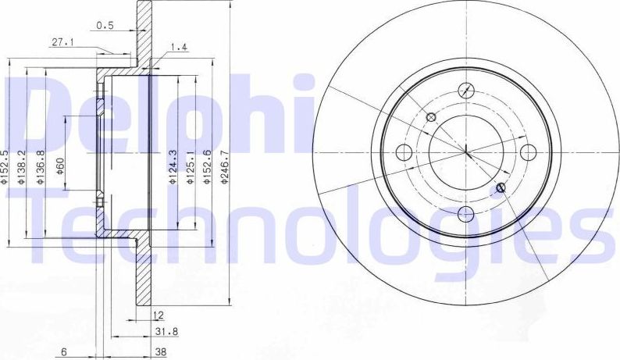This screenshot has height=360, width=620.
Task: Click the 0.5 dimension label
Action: (x=105, y=25)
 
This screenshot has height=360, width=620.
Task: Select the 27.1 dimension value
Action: (x=62, y=44)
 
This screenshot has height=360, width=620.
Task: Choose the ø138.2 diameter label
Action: (x=23, y=166)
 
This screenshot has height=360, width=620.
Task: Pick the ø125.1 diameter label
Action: (x=190, y=166)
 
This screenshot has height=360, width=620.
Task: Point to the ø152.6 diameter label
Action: (x=207, y=166)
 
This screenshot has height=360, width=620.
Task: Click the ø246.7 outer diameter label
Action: (x=224, y=166)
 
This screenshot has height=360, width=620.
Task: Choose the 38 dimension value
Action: (x=161, y=352)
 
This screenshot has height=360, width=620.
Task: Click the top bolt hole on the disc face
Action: (x=466, y=90)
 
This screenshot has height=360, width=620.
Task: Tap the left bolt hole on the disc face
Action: (x=404, y=152)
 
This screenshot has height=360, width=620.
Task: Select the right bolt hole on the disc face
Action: (x=529, y=151)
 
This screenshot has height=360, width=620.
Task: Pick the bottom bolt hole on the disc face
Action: (x=467, y=213)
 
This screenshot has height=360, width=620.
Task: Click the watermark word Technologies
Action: (x=312, y=226)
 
